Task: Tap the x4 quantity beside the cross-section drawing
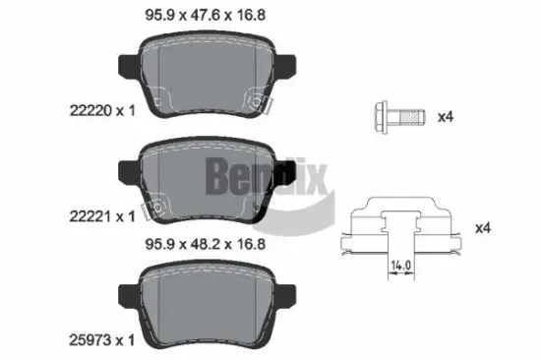click(482, 228)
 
